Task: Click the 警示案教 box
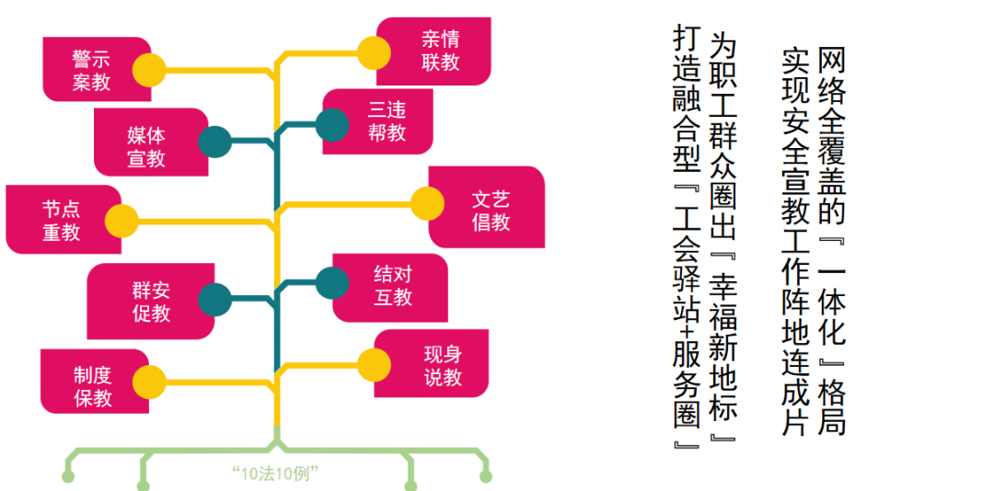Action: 97,69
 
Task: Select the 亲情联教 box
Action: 433,51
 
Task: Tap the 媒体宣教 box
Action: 151,142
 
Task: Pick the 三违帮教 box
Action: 378,121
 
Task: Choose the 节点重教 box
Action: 64,219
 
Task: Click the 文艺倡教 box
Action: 486,207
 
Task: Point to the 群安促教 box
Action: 151,301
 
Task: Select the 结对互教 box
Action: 390,288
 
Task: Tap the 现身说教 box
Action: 431,364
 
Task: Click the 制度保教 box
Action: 95,381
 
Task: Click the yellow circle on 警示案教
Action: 150,69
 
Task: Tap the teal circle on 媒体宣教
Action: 214,142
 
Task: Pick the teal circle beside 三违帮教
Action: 332,125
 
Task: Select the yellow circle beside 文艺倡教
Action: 427,203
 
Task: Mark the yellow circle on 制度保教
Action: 150,382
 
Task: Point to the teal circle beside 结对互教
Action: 332,282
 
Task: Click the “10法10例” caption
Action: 275,473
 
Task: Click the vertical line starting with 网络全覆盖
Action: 832,242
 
